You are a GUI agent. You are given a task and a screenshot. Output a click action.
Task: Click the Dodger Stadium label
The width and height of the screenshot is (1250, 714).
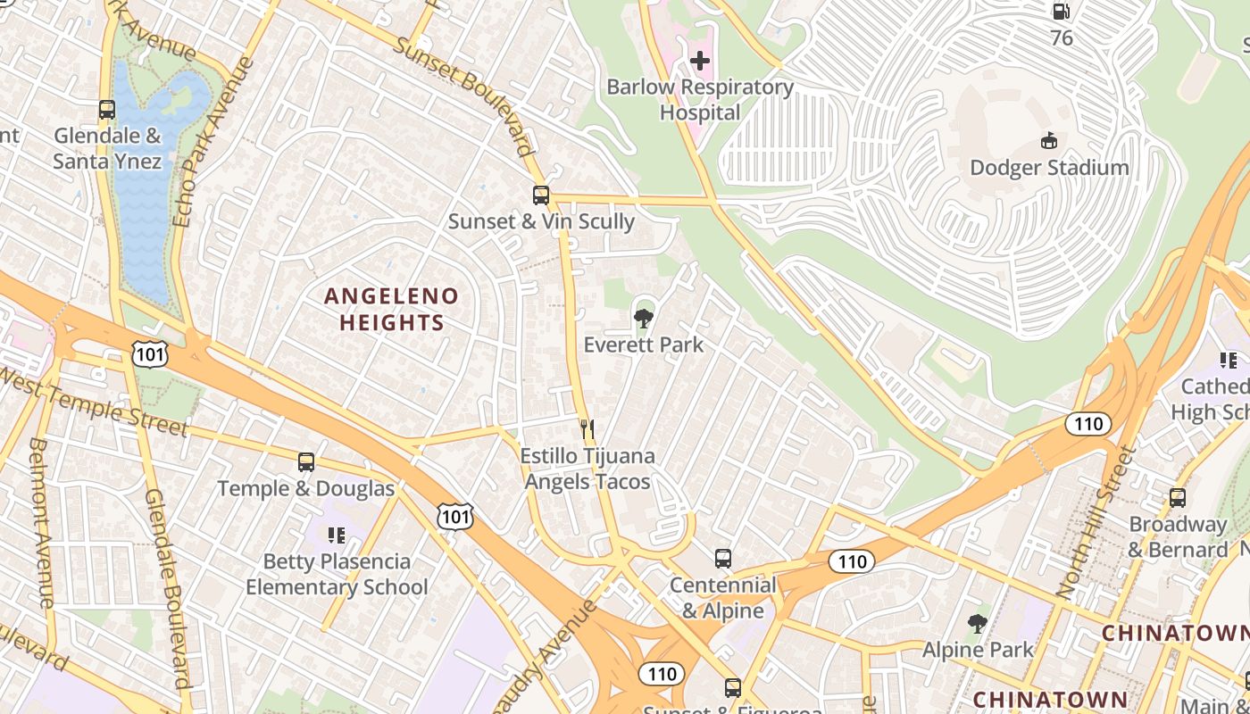[1049, 168]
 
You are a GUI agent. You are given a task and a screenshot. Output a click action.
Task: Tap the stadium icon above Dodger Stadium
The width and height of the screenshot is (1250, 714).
[1049, 141]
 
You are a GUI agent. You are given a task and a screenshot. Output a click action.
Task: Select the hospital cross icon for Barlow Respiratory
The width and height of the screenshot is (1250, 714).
[700, 61]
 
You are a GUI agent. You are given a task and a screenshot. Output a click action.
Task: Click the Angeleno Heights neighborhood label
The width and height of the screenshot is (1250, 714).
[391, 309]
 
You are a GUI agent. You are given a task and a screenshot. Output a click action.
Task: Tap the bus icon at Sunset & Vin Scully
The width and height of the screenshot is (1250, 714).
[541, 195]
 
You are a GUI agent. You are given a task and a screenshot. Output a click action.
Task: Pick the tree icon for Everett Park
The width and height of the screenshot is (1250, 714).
[643, 318]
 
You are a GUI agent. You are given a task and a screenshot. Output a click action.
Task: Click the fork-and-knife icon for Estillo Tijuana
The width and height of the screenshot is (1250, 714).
[587, 429]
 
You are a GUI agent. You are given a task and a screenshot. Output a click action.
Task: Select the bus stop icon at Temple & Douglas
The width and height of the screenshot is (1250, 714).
[306, 462]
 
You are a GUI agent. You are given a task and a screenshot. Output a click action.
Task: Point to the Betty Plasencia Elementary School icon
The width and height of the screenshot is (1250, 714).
[337, 535]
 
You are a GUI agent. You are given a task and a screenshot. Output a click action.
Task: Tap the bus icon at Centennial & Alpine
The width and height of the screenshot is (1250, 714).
[723, 560]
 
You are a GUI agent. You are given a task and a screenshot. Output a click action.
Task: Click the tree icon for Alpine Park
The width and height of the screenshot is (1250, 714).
[978, 624]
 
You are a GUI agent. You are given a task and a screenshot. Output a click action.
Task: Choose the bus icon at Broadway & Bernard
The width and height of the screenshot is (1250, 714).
[1178, 498]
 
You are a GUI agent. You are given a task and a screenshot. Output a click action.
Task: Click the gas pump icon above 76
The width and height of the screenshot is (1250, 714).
[1061, 12]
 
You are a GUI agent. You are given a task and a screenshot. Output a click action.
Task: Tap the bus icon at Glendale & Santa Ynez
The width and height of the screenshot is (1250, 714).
[107, 110]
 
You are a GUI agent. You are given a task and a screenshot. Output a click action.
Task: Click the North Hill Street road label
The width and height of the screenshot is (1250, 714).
[1093, 522]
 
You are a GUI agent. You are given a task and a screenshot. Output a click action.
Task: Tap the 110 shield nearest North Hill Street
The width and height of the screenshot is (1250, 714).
[1088, 424]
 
